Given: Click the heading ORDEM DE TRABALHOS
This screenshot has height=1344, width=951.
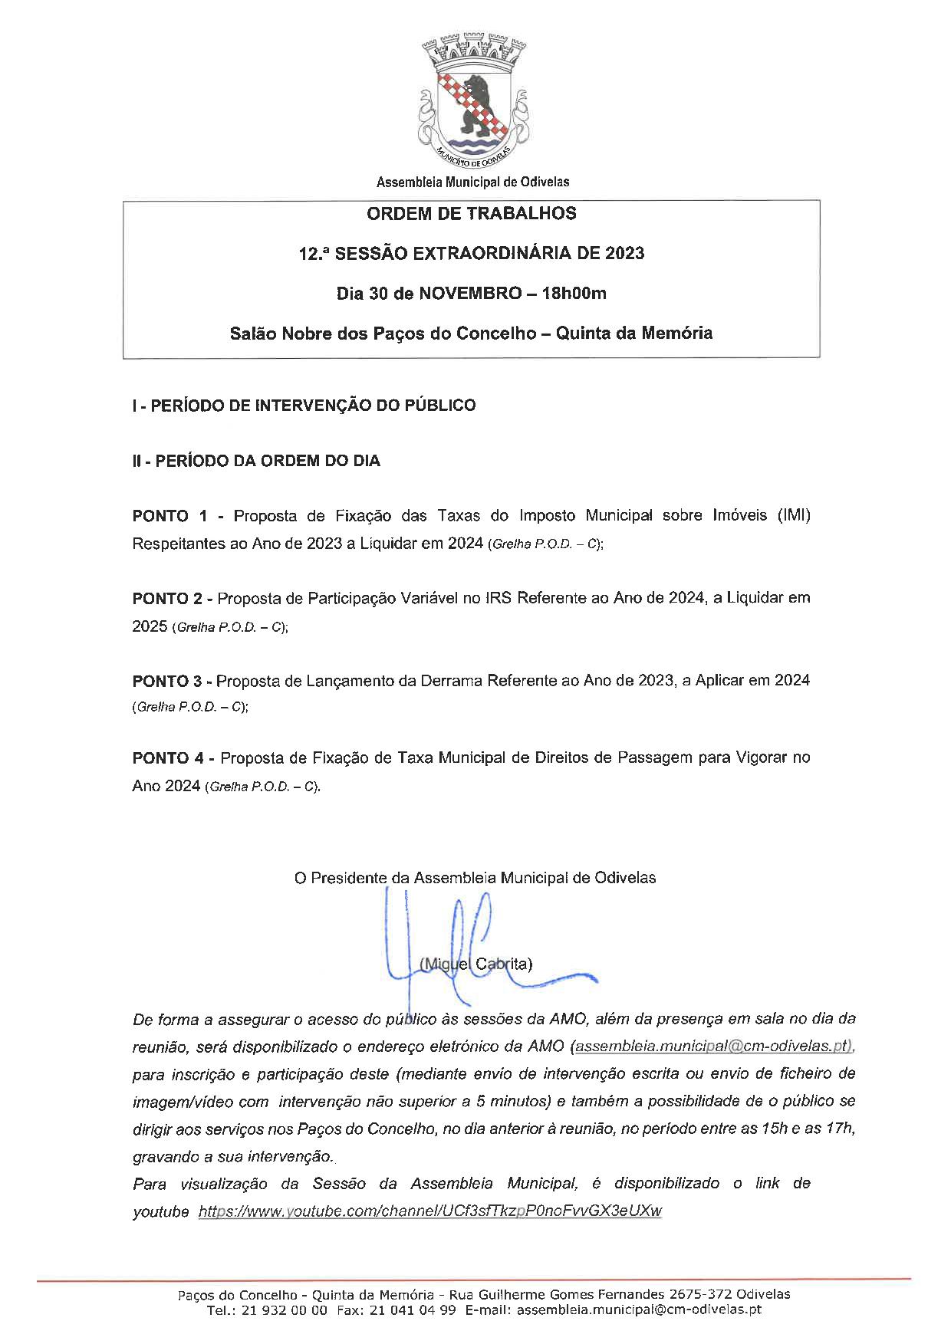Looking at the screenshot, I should tap(472, 214).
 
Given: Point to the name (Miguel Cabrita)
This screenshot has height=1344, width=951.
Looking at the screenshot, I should tap(476, 964).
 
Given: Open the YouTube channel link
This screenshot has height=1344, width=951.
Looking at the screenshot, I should tap(429, 1211).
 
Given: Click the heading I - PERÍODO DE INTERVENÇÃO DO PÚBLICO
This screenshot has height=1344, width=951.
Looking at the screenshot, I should tap(304, 405).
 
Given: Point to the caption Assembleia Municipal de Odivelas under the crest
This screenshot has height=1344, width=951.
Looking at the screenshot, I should tap(472, 182).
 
